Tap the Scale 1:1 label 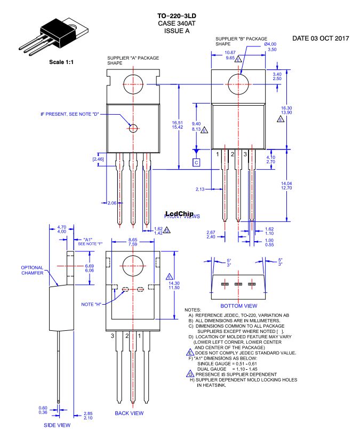coord(61,62)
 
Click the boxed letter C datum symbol coord(196,162)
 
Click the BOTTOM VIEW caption coord(238,306)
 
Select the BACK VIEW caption coord(129,413)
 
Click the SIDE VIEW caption coord(58,425)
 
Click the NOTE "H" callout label coord(92,304)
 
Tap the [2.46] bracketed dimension coord(98,159)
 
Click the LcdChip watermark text coord(179,214)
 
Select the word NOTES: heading coord(193,310)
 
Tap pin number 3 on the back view coord(113,336)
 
